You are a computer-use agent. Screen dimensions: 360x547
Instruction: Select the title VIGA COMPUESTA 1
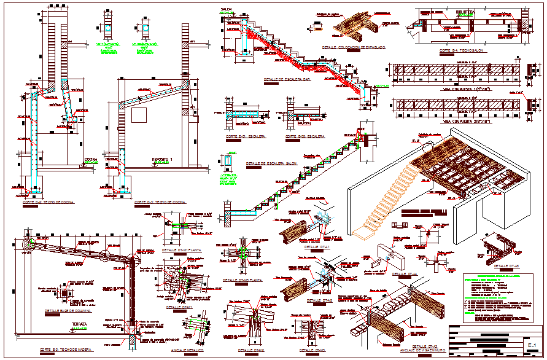click(x=462, y=89)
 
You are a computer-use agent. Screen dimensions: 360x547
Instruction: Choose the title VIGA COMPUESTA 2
click(x=462, y=122)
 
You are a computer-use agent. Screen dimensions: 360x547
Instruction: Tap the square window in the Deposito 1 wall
click(x=139, y=115)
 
